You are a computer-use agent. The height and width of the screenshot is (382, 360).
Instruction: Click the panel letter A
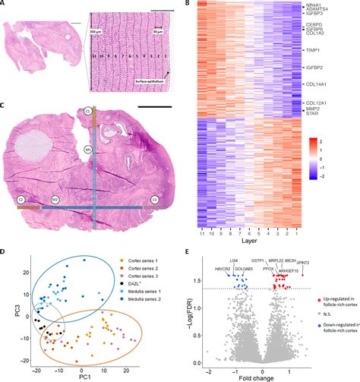(x=5, y=5)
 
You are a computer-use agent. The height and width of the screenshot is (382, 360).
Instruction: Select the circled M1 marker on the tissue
(x=88, y=150)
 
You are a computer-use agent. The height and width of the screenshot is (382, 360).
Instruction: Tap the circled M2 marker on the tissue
(x=55, y=200)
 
